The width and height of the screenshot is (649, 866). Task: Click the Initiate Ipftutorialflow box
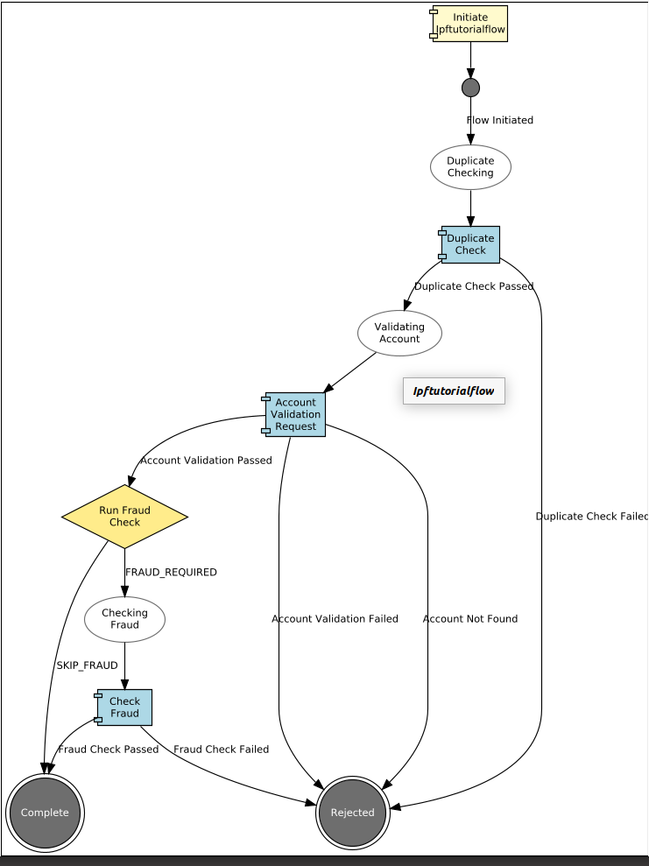(470, 24)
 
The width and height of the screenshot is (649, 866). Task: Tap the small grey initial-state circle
(470, 88)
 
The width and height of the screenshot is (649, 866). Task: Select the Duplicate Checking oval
(470, 166)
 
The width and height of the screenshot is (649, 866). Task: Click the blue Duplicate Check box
(470, 244)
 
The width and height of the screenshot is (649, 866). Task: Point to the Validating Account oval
(399, 333)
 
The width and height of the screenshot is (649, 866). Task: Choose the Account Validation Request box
(295, 414)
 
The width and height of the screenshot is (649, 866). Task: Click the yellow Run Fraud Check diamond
(124, 517)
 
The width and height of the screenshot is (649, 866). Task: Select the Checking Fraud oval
(124, 619)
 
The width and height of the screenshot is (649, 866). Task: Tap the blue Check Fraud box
(124, 708)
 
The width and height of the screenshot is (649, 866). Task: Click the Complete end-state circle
(45, 813)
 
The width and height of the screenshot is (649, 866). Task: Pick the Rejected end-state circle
(352, 813)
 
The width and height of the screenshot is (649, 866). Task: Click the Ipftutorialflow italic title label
(454, 391)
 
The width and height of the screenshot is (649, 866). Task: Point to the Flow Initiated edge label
(500, 120)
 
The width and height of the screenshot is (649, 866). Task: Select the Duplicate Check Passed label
(474, 286)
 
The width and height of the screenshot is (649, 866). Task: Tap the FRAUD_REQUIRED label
(171, 572)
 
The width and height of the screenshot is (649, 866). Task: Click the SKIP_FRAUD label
(87, 665)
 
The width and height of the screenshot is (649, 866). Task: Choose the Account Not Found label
(470, 619)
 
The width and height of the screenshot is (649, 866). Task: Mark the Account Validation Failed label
(335, 619)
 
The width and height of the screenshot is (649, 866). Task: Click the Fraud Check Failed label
(221, 750)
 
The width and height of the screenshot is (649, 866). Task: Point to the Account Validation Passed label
(206, 461)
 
